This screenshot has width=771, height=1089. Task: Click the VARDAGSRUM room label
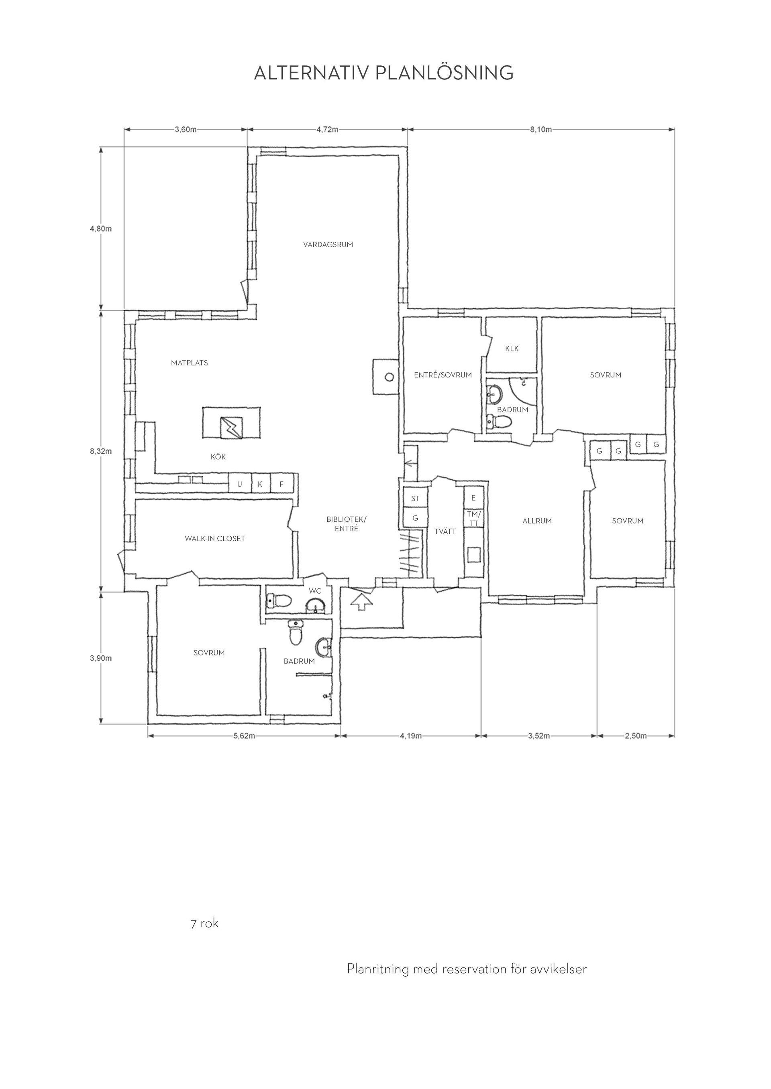[328, 245]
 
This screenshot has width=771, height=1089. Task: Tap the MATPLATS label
[190, 363]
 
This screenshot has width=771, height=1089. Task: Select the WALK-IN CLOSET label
[215, 538]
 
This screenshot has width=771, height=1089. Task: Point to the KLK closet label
[512, 349]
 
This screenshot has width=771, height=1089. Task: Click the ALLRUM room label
[537, 521]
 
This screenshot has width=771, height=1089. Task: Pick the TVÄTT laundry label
[445, 531]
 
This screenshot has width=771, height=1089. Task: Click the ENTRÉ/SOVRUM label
[443, 375]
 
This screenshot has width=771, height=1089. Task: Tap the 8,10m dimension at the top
[541, 130]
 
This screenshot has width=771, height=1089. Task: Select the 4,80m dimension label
[101, 229]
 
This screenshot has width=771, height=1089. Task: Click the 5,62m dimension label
[245, 736]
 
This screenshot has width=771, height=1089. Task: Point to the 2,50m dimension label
[636, 736]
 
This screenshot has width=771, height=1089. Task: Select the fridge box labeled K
[260, 484]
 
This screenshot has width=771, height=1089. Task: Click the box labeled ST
[415, 499]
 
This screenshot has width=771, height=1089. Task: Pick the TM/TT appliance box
[473, 518]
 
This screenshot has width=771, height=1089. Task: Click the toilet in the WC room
[279, 601]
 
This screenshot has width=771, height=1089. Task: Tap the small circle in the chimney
[389, 377]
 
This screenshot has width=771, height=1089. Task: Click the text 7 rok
[205, 923]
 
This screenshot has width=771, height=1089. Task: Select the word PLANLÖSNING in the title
[445, 73]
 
